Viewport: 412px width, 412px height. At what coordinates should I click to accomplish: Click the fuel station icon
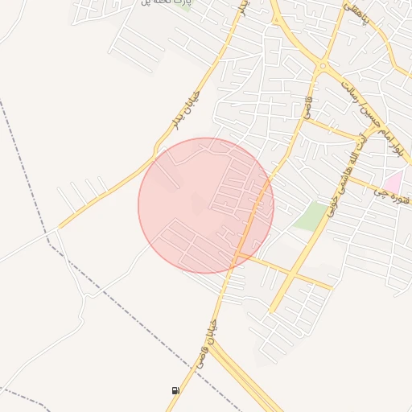click(x=175, y=390)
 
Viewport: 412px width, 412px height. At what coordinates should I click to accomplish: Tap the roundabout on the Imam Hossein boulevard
click(x=322, y=66)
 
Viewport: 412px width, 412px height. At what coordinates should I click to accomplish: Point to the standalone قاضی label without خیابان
click(x=307, y=105)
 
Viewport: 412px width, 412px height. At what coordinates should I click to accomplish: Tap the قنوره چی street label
click(x=394, y=196)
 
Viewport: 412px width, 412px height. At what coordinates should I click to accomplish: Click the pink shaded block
click(x=393, y=182)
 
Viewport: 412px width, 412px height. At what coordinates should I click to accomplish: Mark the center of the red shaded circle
click(x=206, y=205)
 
